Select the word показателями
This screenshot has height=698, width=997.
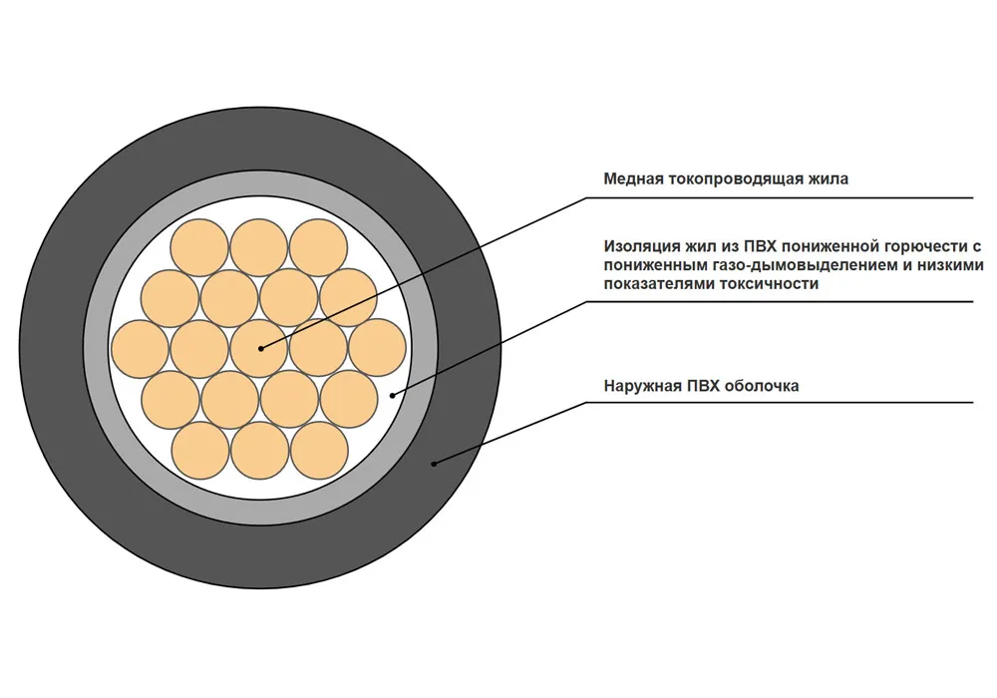[659, 284]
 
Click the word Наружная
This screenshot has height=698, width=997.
[640, 387]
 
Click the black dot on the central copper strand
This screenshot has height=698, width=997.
[260, 348]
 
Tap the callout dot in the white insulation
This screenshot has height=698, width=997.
[392, 396]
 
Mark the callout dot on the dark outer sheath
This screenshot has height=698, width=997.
[435, 464]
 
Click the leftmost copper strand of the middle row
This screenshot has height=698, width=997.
[140, 349]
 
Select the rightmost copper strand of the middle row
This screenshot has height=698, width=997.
[378, 348]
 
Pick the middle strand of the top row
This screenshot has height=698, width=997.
[259, 248]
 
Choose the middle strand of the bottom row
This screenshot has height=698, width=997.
[259, 450]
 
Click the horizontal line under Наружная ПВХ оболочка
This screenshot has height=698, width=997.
[779, 403]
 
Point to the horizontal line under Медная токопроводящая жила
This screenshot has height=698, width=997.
[779, 197]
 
